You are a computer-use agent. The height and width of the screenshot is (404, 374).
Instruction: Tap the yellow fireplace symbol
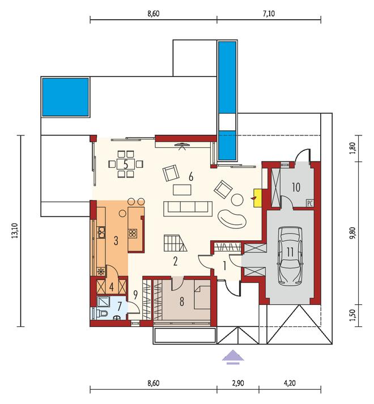(x=257, y=198)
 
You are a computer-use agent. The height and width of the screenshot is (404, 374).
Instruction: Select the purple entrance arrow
(x=233, y=358)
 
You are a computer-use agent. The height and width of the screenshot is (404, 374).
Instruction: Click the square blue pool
(x=66, y=97)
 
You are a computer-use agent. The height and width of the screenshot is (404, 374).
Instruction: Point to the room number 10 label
(x=296, y=188)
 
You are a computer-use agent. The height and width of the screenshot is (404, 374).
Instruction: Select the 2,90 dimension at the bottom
(x=237, y=383)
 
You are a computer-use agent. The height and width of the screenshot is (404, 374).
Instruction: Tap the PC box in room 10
(x=309, y=203)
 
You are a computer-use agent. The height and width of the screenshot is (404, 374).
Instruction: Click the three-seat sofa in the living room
(x=188, y=209)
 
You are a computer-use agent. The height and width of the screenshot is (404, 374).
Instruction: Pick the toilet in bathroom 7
(x=101, y=313)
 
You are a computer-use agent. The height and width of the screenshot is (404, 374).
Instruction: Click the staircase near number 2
(x=175, y=243)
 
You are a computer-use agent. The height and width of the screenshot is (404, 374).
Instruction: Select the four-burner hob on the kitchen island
(x=132, y=233)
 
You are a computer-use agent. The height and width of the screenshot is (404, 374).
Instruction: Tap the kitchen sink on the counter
(x=101, y=232)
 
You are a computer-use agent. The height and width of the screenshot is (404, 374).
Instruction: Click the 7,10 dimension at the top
(x=269, y=14)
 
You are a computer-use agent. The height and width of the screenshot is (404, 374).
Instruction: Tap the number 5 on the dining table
(x=126, y=164)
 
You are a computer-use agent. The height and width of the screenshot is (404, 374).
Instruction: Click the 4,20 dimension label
(x=290, y=383)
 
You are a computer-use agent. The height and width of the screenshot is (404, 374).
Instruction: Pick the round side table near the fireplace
(x=237, y=199)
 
